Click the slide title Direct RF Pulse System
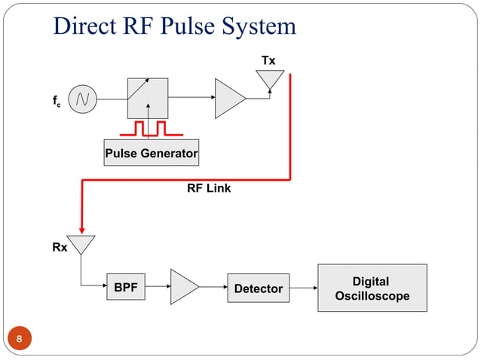coord(174,26)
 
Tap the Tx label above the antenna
coord(268,60)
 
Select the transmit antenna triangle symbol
coord(270,79)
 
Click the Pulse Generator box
coord(151,154)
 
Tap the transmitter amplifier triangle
coord(229,98)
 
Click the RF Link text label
coord(209,188)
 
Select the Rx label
coord(60,247)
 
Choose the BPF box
coord(125,287)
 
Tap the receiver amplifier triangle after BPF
coord(183,287)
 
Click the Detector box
coord(258,288)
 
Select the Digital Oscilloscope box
coord(372,288)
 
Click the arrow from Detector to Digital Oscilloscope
coord(303,288)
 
